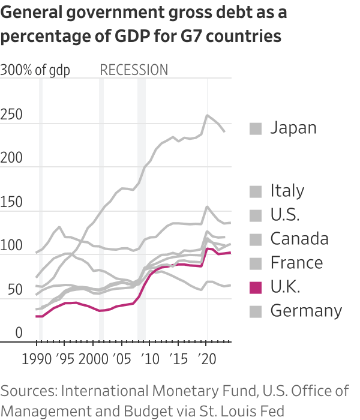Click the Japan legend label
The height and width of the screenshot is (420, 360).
293,128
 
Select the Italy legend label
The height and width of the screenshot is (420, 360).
287,191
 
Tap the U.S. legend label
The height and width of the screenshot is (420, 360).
285,215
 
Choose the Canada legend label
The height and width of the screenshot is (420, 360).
299,239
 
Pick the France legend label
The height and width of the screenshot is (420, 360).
296,263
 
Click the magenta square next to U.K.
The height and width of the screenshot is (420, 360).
256,287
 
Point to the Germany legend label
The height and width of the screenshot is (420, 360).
306,311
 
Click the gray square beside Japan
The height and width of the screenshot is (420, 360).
256,128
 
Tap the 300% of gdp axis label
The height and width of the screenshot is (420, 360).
35,70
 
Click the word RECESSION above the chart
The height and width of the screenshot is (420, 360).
134,70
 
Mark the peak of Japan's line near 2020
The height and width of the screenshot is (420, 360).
208,115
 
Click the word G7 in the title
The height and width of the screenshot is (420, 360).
194,36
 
